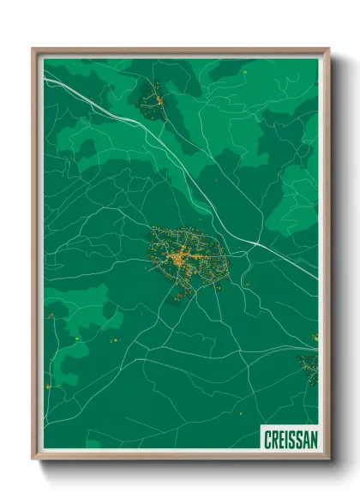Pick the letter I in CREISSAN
(x=285, y=439)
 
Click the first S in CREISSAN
(x=290, y=439)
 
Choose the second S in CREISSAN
(x=297, y=439)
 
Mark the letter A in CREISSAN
(x=304, y=439)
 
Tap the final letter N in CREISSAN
(x=312, y=439)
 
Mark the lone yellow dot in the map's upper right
(x=245, y=74)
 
